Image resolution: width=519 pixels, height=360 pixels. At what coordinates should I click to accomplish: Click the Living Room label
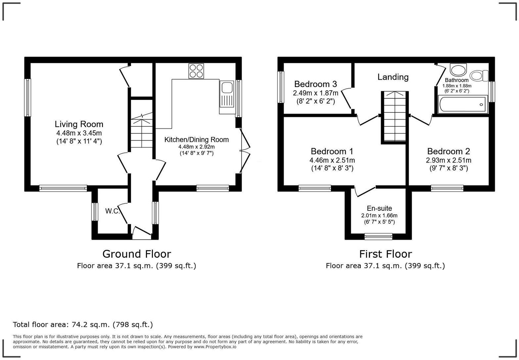79,124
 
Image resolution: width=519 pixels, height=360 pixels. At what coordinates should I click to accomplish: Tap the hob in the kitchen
196,71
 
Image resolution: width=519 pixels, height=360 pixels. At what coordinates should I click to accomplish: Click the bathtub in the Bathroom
463,104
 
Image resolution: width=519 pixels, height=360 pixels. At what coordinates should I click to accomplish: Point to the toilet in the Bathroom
479,76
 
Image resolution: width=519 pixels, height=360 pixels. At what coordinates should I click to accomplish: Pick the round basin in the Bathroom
458,70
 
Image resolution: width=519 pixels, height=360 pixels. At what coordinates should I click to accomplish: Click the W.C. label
113,211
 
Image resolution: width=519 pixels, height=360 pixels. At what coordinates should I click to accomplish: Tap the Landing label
393,77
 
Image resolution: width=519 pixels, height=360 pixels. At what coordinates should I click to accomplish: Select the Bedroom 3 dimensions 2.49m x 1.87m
315,93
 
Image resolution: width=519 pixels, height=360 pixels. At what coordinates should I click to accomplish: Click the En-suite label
379,208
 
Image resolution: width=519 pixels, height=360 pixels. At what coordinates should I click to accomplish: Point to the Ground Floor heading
137,254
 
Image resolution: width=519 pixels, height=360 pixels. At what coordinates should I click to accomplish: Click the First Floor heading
386,254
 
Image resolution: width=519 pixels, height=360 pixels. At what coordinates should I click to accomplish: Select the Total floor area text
83,325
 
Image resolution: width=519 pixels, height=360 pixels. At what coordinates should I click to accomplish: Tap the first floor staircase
395,116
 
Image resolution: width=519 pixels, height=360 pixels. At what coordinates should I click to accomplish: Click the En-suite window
378,237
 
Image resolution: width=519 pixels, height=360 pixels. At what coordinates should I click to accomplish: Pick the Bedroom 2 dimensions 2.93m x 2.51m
448,160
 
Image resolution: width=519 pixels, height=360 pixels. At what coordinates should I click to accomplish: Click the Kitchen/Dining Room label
197,140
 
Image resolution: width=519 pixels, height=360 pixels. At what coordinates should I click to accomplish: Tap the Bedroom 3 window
281,87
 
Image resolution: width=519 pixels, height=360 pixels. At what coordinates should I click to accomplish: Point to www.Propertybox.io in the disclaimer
215,347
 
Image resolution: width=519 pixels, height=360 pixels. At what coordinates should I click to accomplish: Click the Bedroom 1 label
332,151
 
